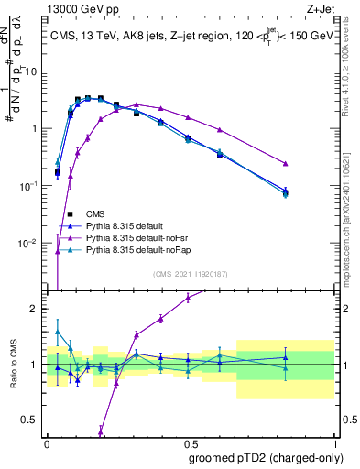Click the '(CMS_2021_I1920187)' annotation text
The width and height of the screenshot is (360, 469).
click(190, 273)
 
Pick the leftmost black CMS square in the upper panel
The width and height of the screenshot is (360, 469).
click(58, 172)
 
